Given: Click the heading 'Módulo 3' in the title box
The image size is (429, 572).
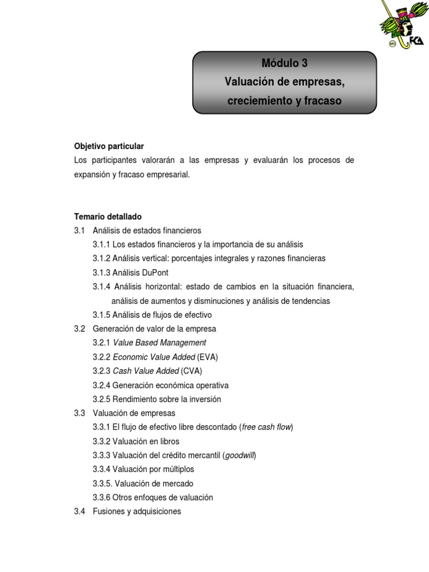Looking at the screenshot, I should [x=284, y=63].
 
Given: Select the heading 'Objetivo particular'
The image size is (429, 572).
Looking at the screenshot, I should [x=109, y=146].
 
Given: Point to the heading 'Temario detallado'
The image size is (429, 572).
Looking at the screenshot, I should [x=108, y=216].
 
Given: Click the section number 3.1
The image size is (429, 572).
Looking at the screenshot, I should [x=79, y=230].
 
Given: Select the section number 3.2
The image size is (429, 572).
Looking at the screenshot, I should [x=79, y=328].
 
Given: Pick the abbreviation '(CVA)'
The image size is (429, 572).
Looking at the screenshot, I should [x=192, y=371].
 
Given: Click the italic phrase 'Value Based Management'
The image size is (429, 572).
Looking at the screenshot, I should [x=160, y=343].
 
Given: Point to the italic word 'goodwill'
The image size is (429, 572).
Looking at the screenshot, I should [x=239, y=455].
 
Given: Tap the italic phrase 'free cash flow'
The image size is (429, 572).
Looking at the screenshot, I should [x=266, y=427].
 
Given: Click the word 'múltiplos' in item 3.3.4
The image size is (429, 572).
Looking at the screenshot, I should [x=176, y=469].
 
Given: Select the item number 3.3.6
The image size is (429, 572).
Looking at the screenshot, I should [x=102, y=497].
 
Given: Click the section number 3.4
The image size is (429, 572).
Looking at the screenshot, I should [x=79, y=511].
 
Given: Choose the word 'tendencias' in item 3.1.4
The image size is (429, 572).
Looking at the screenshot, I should [x=310, y=301].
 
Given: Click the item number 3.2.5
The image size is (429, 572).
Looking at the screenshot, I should [x=102, y=399].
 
